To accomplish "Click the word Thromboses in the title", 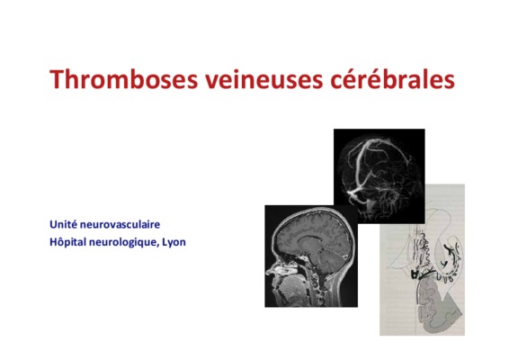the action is tap(123, 79).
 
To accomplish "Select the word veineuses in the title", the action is tap(263, 79).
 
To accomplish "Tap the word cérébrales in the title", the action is tap(392, 78).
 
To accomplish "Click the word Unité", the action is tap(63, 224).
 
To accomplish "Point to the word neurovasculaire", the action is tap(120, 224).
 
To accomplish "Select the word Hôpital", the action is tap(67, 242).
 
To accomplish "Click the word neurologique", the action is tap(124, 242).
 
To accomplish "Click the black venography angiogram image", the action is tap(380, 175).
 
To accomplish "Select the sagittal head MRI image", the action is tap(311, 256).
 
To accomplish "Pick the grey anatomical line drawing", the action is tap(422, 260).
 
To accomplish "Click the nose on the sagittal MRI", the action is tap(270, 271).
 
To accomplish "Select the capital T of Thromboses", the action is tap(57, 79).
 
